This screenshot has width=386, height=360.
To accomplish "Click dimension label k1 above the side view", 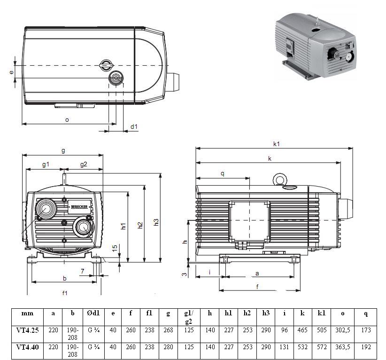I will (x=277, y=143).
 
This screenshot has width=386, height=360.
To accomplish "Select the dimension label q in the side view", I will (x=223, y=173).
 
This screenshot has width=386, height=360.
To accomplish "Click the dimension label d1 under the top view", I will (x=134, y=126).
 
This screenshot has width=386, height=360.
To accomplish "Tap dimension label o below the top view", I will (x=67, y=119).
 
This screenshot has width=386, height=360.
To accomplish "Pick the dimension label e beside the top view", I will (x=11, y=72).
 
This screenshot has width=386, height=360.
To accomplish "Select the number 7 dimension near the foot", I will (x=83, y=271).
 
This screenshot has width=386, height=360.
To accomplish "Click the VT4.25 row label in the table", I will (x=27, y=330).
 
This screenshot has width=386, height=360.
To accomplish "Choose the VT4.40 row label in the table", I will (x=27, y=347).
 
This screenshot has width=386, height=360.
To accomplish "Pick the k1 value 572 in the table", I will (x=322, y=347).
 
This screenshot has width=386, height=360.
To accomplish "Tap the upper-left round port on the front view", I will (x=46, y=207).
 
